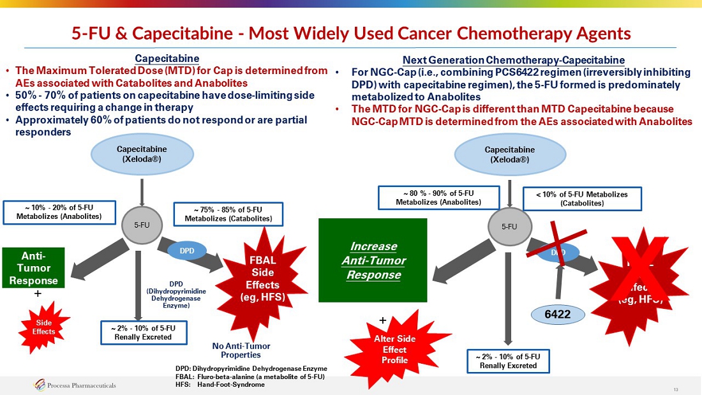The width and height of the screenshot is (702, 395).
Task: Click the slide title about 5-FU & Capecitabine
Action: [x=351, y=33]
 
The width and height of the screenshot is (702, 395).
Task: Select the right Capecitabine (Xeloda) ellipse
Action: [x=509, y=154]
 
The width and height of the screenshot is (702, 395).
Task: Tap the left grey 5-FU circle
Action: [x=141, y=225]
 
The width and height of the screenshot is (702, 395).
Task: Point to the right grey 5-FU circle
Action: [x=509, y=226]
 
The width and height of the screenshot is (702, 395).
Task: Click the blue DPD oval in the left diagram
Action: [x=186, y=251]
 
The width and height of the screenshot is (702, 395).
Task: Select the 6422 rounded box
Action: [x=556, y=313]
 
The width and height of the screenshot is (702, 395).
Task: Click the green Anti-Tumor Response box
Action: [x=34, y=267]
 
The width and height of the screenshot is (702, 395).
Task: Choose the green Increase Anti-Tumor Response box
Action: [x=373, y=260]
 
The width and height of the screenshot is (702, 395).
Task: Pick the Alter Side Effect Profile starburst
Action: [x=390, y=348]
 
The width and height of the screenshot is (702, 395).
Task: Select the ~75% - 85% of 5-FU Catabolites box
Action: [x=228, y=214]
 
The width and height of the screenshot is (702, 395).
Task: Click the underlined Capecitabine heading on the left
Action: [x=167, y=59]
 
